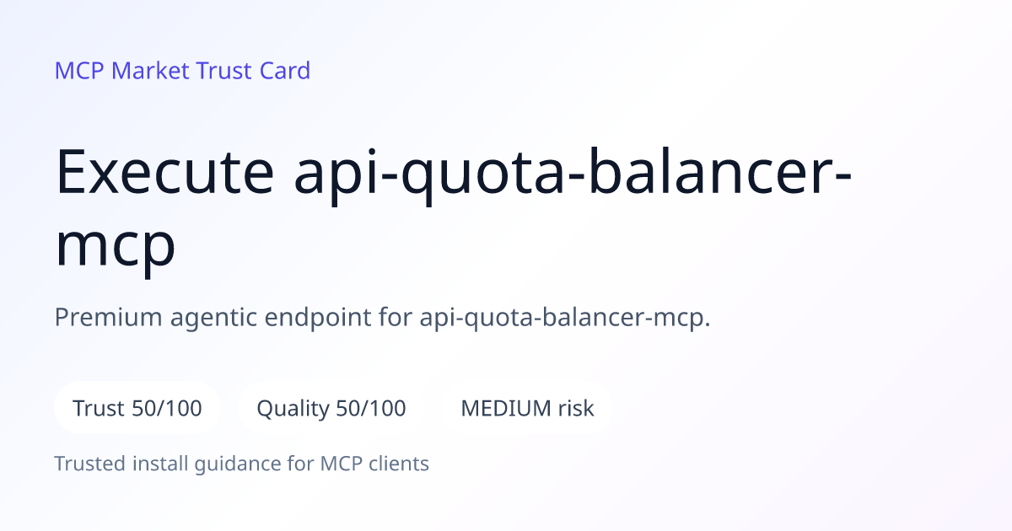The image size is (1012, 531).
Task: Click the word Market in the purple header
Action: click(x=150, y=71)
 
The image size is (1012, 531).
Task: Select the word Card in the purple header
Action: click(x=285, y=71)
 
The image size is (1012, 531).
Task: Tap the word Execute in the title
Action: click(x=165, y=172)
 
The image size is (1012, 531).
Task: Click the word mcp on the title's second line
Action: click(x=116, y=246)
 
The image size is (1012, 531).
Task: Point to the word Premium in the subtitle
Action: click(x=109, y=317)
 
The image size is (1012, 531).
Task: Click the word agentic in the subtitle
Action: click(x=213, y=319)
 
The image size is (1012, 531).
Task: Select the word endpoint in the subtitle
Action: click(x=318, y=318)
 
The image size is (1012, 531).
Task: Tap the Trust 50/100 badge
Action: click(x=137, y=408)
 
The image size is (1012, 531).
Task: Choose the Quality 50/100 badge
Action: click(x=331, y=408)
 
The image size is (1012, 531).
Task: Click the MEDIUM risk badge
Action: click(x=527, y=408)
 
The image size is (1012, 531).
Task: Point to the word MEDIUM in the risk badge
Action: click(x=506, y=408)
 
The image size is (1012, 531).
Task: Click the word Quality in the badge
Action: click(x=293, y=409)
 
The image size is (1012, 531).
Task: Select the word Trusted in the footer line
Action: click(x=90, y=464)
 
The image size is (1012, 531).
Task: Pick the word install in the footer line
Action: click(x=160, y=464)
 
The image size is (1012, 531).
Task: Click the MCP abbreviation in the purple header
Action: click(x=79, y=71)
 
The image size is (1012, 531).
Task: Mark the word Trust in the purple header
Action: click(x=224, y=71)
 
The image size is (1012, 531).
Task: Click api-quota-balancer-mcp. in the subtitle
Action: click(x=565, y=318)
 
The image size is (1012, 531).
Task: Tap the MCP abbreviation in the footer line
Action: click(x=341, y=464)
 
